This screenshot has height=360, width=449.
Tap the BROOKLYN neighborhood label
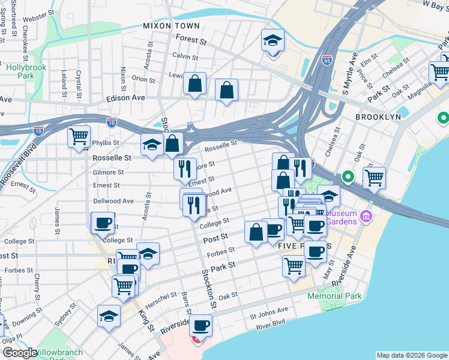378,117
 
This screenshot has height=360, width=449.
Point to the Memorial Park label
334,296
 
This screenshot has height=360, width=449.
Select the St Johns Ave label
269,311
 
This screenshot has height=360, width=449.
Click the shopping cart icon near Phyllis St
79,137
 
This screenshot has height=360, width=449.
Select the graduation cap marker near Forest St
273,41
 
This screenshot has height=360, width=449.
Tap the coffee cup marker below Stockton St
201,326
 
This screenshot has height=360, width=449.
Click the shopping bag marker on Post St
256,232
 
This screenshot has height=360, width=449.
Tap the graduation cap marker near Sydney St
109,316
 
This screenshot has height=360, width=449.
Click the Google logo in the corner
20,353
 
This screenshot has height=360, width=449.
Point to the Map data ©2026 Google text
411,355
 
